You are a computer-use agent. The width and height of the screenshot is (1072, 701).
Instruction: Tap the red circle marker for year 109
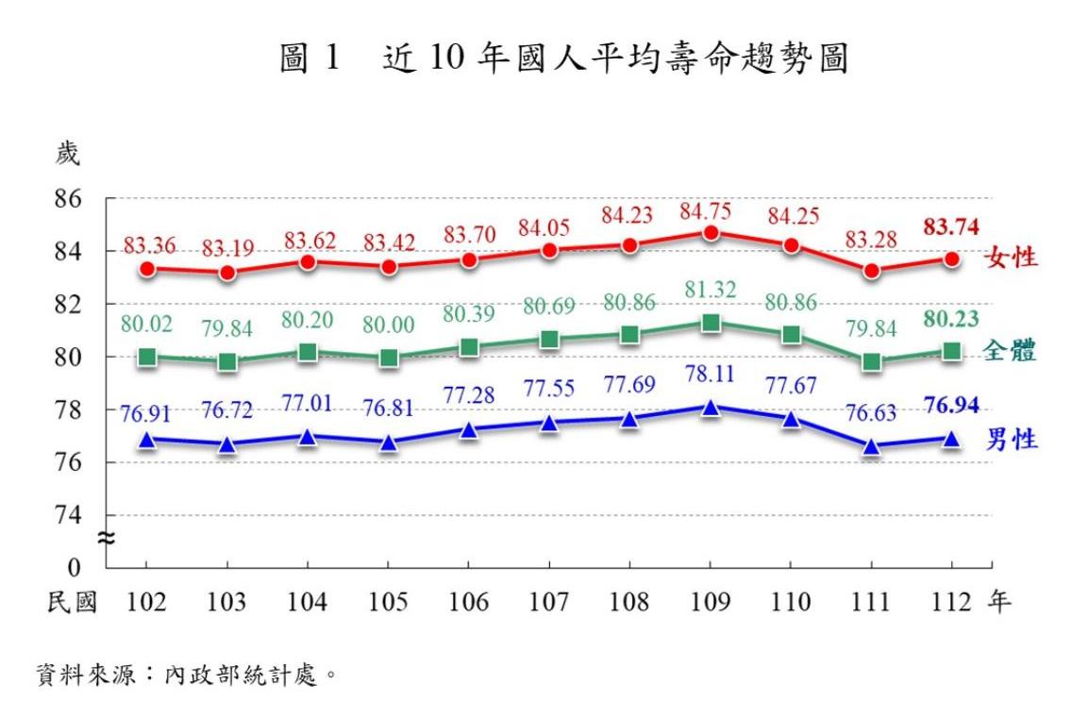[x=711, y=232]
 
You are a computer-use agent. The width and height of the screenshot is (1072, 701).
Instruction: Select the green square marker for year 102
[x=146, y=357]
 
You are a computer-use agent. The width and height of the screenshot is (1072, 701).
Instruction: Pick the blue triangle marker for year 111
[x=872, y=446]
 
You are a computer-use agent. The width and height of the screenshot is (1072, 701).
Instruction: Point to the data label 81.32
[x=711, y=291]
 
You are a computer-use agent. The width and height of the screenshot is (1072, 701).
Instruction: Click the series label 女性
[x=1012, y=258]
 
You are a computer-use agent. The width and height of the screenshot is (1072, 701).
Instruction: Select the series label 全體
[x=1012, y=351]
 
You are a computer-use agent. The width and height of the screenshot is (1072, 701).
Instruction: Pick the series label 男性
[x=1012, y=439]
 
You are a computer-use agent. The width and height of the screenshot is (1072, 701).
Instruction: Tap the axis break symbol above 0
[x=107, y=539]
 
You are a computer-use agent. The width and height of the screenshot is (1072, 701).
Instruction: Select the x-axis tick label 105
[x=388, y=603]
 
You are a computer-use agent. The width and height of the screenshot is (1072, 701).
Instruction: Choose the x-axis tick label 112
[x=951, y=603]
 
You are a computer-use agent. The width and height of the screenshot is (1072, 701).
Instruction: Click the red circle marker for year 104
[x=308, y=261]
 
